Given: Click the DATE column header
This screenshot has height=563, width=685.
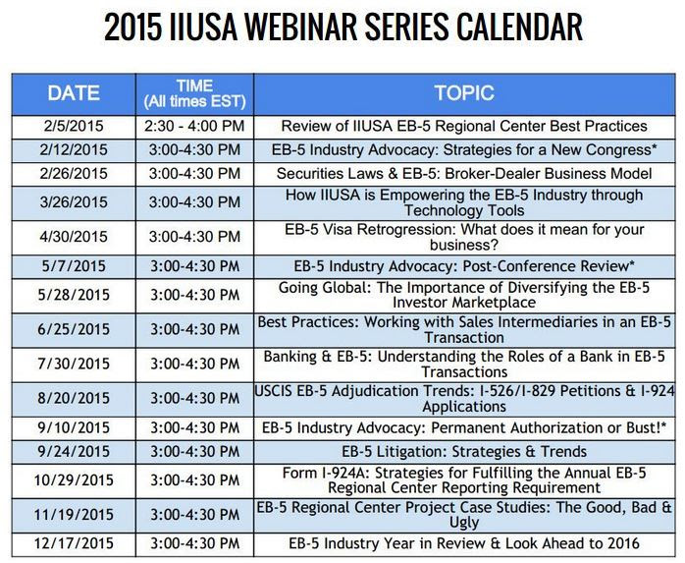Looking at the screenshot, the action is [x=74, y=93].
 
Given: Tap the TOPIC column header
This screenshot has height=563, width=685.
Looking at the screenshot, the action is [x=464, y=93].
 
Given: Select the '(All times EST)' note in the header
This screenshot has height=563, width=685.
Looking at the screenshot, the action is [x=195, y=101].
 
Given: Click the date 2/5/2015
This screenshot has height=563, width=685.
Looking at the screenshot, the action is [x=74, y=126].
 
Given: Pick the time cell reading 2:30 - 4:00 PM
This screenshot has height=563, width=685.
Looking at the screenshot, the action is [x=194, y=126].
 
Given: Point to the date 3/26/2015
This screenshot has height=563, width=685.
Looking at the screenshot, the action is [x=74, y=202].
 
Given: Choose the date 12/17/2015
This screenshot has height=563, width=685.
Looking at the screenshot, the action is [x=74, y=543].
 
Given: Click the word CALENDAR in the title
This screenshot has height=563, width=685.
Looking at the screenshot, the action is [x=519, y=28].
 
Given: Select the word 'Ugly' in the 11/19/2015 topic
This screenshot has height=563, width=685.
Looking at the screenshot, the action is [x=464, y=523].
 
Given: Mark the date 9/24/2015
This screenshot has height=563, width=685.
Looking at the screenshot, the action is [x=74, y=451].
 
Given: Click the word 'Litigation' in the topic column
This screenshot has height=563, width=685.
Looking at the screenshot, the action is [x=410, y=451].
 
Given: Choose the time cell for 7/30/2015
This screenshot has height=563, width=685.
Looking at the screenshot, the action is [x=195, y=364].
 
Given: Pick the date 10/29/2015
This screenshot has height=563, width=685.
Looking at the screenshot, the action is [x=74, y=480].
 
